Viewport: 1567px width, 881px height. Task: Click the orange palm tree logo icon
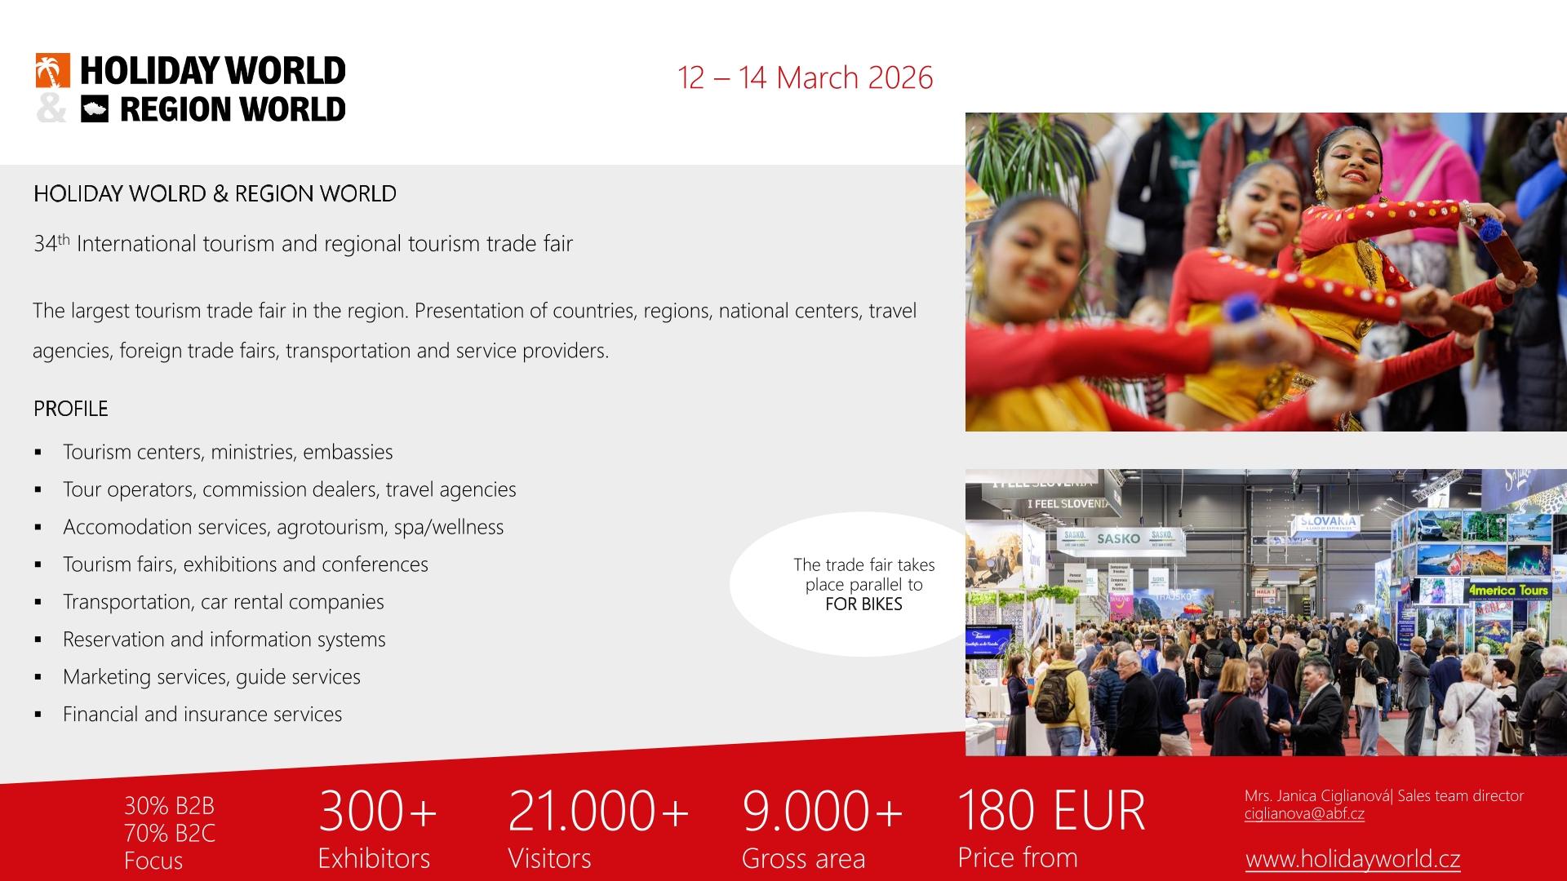52,70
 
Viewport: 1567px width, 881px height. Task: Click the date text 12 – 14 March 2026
805,77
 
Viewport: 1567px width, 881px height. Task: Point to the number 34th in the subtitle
52,243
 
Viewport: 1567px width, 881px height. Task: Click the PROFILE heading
70,409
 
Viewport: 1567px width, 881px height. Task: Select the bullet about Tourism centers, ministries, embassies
228,452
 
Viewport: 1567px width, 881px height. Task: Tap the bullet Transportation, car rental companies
224,602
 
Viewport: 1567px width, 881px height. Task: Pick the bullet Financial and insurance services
202,715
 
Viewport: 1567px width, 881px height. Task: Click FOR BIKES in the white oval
863,604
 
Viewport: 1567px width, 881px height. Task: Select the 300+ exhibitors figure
377,811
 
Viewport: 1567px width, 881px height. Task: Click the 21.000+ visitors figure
598,811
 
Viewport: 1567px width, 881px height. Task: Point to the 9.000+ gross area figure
822,811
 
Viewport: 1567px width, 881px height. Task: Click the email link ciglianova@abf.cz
1304,814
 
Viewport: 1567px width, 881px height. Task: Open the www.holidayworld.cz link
1352,859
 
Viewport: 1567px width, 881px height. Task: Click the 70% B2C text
170,833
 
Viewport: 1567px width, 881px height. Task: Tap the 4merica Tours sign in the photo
1508,590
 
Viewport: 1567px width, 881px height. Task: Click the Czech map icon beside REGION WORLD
95,109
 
